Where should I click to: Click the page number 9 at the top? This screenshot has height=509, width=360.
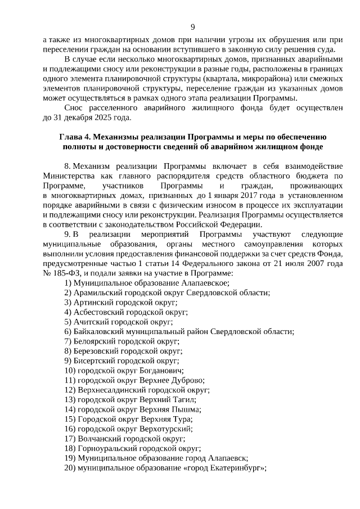[x=192, y=26]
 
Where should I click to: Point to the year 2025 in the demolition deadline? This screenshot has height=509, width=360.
[x=104, y=118]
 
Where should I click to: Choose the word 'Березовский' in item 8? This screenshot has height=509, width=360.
[x=96, y=350]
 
